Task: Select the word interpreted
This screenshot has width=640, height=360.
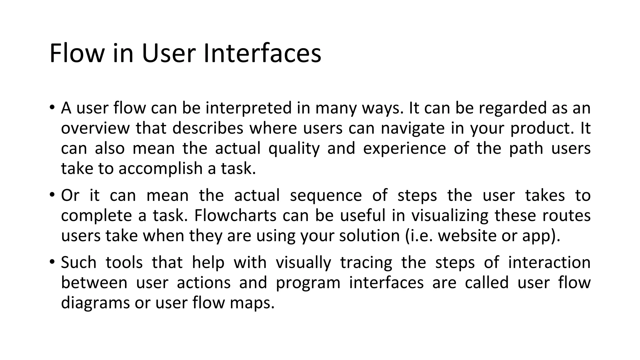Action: point(248,108)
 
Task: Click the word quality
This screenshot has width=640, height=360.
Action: point(294,148)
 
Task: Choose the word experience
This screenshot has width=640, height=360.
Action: point(404,148)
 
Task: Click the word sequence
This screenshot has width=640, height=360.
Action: point(326,196)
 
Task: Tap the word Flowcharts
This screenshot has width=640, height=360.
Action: point(235,216)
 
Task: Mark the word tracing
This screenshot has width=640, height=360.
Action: point(366,262)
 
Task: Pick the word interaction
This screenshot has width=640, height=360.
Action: point(549,262)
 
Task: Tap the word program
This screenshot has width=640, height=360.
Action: point(308,283)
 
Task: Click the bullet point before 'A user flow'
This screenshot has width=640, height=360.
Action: point(52,107)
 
